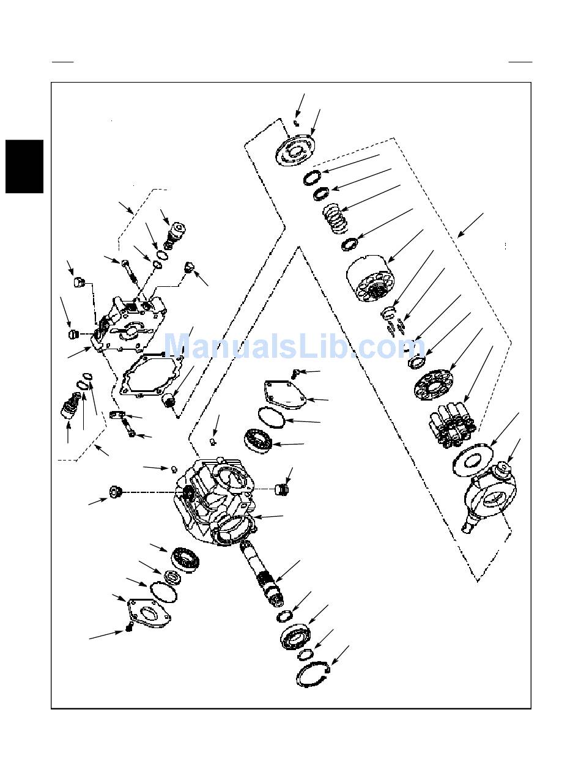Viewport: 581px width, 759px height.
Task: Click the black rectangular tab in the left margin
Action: [24, 166]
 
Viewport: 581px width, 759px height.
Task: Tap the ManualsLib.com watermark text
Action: [294, 346]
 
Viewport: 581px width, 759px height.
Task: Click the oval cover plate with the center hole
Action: [149, 615]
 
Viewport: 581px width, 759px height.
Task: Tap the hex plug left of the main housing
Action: [115, 492]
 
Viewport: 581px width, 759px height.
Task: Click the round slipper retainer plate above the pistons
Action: [435, 385]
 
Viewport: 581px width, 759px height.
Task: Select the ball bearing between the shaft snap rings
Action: [295, 637]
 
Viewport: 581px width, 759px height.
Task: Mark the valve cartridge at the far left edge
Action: [70, 406]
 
